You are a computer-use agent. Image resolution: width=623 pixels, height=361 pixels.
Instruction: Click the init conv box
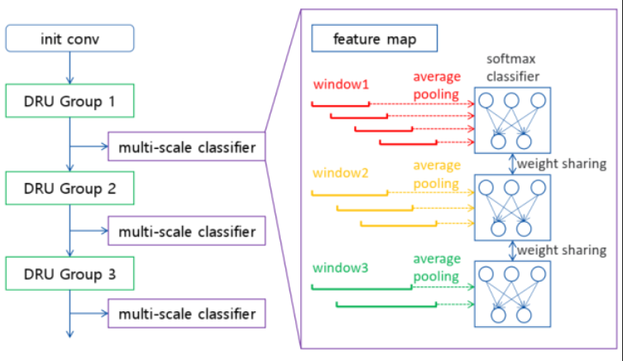point(70,39)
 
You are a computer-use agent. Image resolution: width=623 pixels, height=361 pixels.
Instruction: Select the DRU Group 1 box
point(70,101)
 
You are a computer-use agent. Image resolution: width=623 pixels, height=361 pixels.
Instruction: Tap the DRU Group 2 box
point(70,188)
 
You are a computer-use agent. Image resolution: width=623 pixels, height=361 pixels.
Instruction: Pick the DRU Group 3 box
point(70,273)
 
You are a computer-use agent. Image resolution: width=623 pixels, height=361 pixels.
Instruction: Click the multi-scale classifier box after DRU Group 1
point(187,147)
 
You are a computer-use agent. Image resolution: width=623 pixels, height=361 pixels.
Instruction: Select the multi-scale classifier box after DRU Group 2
point(187,231)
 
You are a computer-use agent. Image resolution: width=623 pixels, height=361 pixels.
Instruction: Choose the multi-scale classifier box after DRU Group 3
point(187,314)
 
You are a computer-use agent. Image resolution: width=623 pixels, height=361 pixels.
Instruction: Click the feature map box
point(374,39)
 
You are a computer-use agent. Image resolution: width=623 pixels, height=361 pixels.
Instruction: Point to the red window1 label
point(341,84)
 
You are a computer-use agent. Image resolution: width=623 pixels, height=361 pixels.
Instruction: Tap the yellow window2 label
point(341,173)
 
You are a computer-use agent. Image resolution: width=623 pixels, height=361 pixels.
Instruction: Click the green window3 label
point(341,268)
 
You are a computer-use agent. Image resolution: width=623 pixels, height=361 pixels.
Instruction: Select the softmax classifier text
point(512,68)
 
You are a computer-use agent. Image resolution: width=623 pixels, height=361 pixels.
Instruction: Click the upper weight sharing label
point(562,164)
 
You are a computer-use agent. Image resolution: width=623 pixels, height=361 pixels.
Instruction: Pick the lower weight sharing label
point(562,250)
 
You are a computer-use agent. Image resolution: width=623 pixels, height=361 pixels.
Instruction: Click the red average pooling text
point(437,85)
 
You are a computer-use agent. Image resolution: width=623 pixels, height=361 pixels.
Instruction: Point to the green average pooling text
point(437,267)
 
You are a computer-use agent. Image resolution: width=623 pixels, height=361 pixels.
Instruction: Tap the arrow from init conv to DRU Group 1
point(70,68)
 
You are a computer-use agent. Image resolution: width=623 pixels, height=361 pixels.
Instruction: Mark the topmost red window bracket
point(341,106)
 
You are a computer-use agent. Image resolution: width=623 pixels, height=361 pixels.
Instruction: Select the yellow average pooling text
point(437,174)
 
